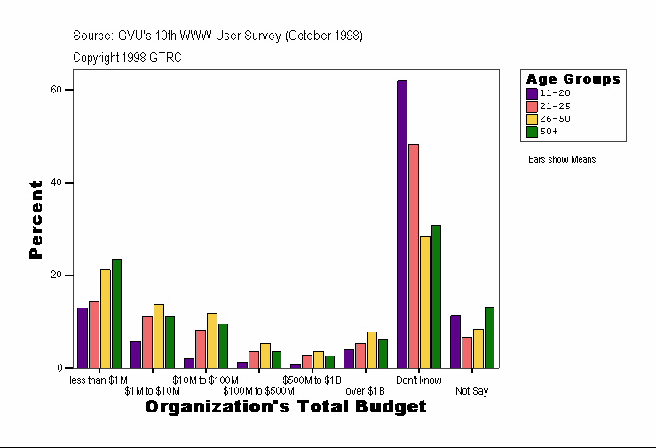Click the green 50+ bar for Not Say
tap(489, 337)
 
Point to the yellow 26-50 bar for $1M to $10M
tap(159, 336)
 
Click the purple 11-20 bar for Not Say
tap(455, 341)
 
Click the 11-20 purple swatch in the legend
tap(532, 92)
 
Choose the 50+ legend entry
tap(549, 131)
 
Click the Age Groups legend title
tap(573, 79)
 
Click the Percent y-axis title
tap(36, 220)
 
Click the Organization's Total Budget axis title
tap(285, 407)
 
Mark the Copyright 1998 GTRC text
tap(127, 57)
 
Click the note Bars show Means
tap(562, 160)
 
